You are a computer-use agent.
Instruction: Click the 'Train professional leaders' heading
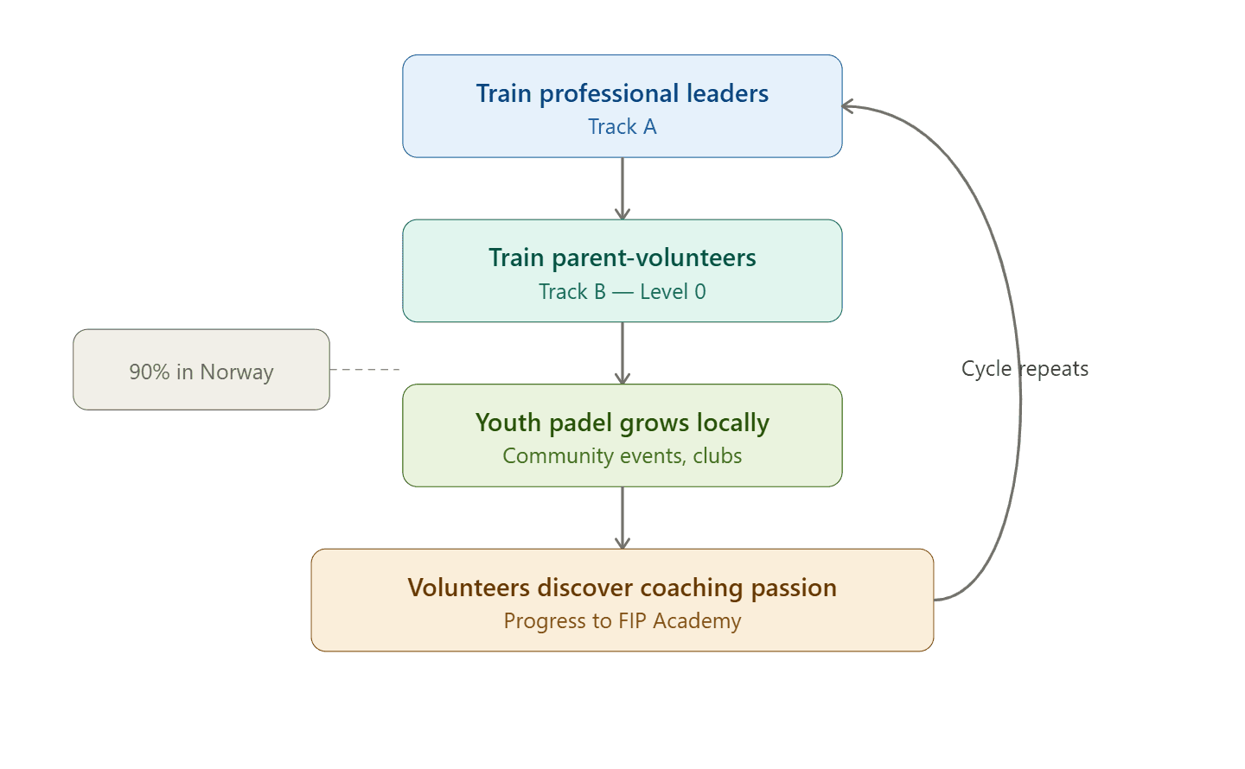622,93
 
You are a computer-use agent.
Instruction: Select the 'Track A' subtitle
622,127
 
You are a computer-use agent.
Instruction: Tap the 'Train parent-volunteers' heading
622,257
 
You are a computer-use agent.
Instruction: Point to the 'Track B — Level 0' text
622,292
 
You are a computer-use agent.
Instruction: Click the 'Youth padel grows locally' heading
622,423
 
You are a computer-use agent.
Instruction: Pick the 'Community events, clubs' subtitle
622,456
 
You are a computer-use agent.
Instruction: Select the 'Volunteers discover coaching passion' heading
622,588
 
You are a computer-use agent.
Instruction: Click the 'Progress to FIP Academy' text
622,621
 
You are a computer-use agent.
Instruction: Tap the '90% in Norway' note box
201,370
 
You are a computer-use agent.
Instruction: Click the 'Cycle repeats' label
1025,369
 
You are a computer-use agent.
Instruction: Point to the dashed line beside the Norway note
366,370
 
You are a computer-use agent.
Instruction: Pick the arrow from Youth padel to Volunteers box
622,517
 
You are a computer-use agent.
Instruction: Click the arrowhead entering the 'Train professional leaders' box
848,106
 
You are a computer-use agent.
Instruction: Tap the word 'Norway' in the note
236,372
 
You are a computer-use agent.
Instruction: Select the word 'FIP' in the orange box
633,621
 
